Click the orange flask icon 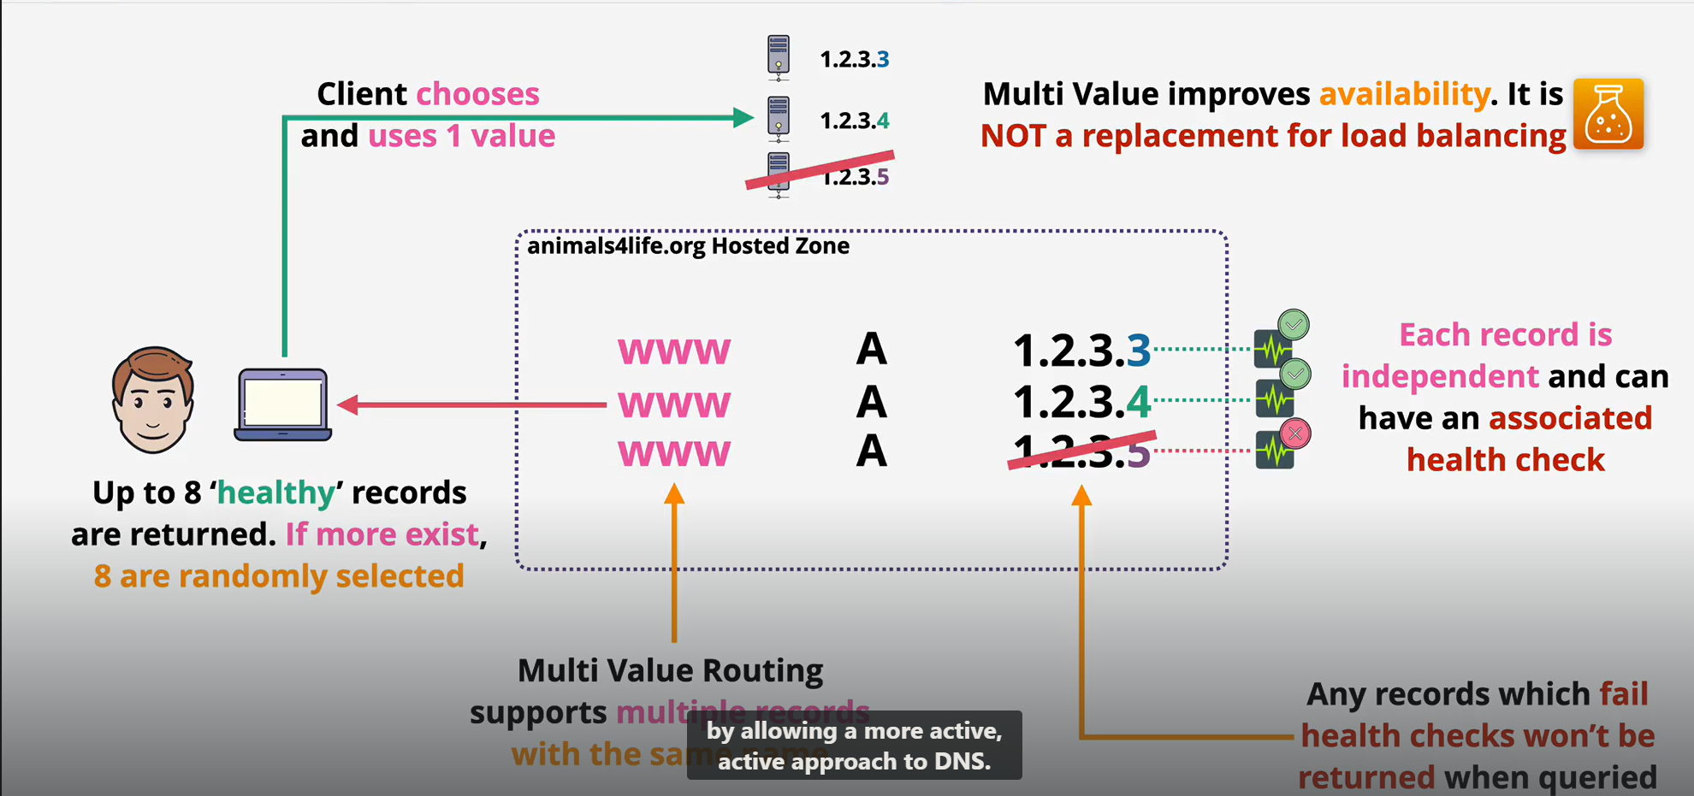[1608, 115]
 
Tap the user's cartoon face [153, 400]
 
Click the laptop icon [283, 404]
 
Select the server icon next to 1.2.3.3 [779, 56]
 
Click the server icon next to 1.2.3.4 [779, 118]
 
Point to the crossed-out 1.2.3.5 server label [855, 176]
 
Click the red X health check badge [1295, 433]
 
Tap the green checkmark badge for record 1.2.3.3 [1294, 325]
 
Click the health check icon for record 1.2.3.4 [1273, 399]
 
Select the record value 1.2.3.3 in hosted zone [1081, 350]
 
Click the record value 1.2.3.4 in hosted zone [1081, 401]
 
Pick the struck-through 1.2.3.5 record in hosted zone [1081, 451]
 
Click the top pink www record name [674, 351]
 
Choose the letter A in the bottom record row [871, 451]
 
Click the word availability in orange [1404, 94]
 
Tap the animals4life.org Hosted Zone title [688, 246]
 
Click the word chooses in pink [477, 94]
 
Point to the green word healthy [275, 493]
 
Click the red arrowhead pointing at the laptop [347, 404]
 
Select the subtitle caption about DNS [854, 746]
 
